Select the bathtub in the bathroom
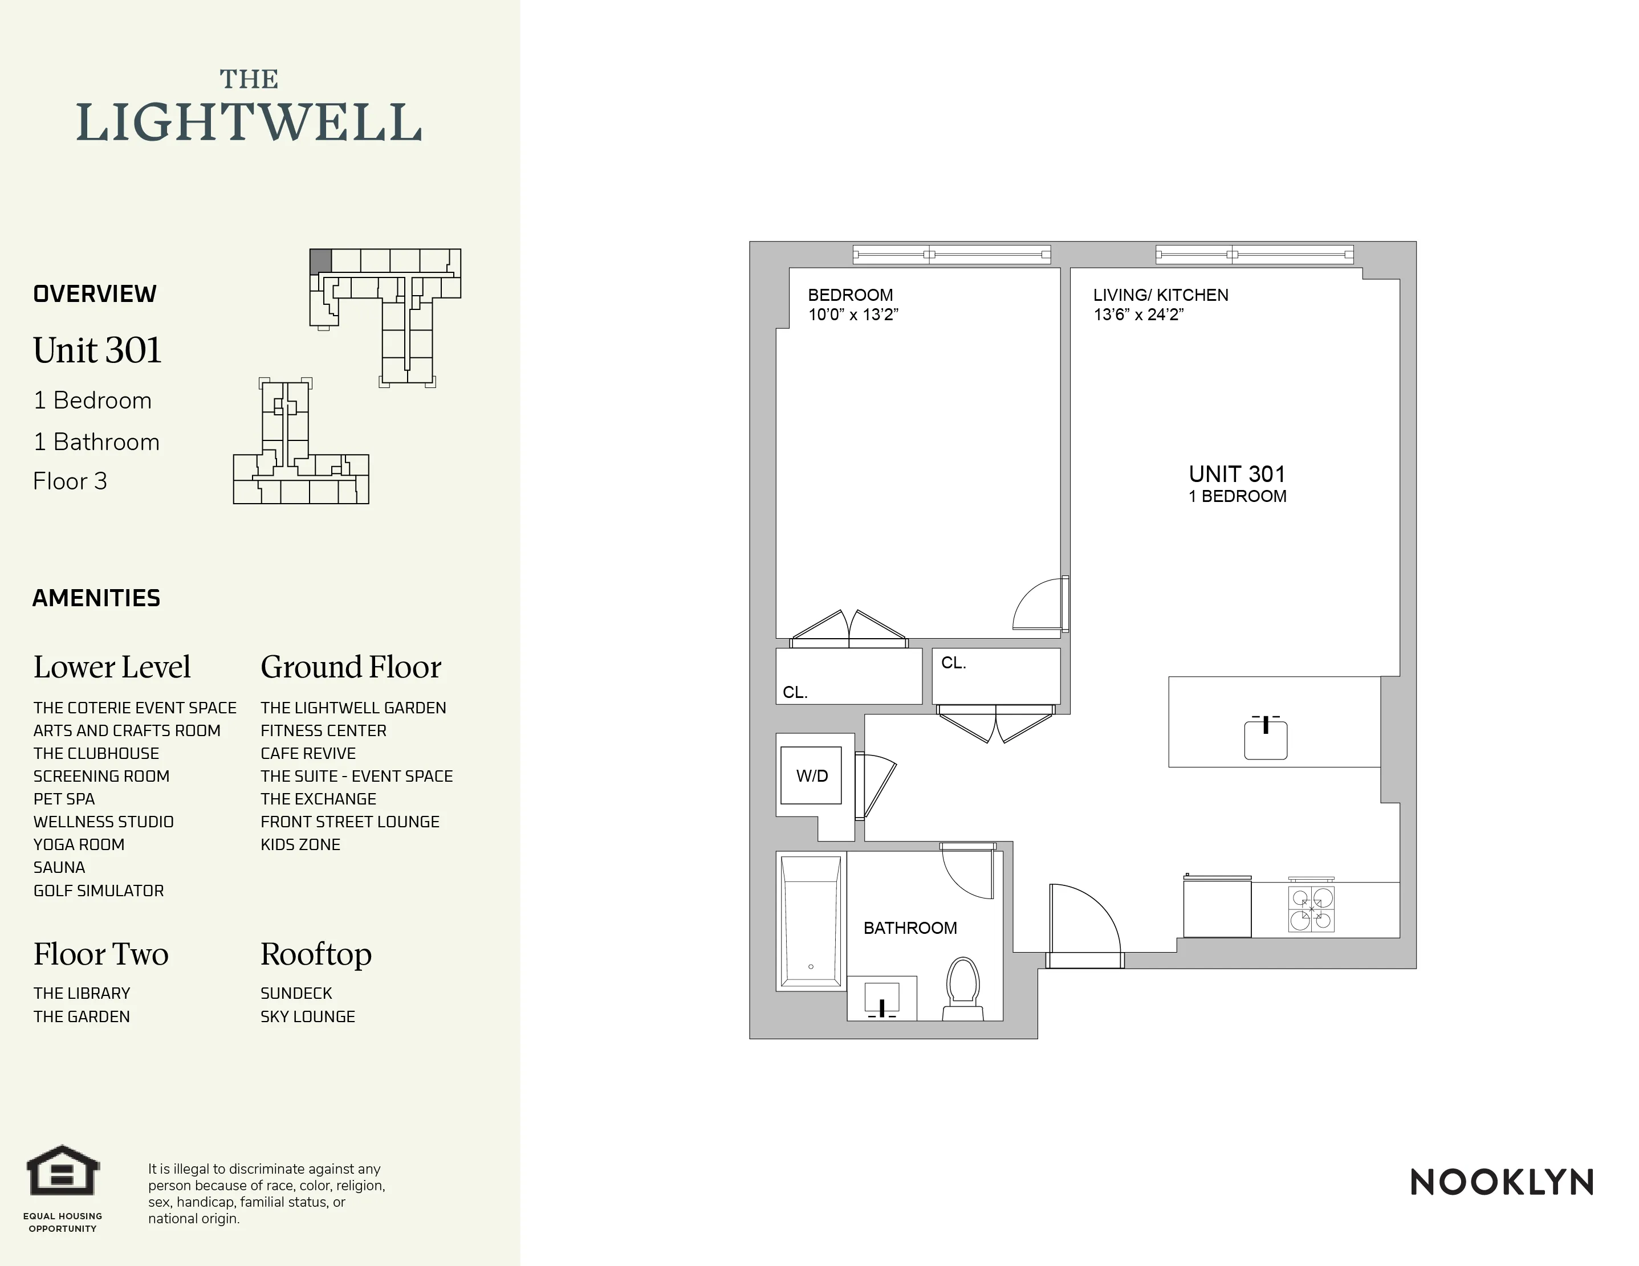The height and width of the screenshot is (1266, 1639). (x=811, y=921)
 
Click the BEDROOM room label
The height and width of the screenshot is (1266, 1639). (x=849, y=295)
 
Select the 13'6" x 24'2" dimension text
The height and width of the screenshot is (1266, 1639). (x=1138, y=315)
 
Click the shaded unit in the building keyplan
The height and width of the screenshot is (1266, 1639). (x=320, y=261)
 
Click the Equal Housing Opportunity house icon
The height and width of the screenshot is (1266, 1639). (x=63, y=1171)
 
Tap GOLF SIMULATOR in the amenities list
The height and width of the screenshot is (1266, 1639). (x=98, y=891)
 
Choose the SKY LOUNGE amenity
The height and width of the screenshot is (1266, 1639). (x=308, y=1016)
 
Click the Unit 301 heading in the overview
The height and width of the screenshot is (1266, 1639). (x=97, y=350)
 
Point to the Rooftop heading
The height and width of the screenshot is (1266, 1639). (x=316, y=954)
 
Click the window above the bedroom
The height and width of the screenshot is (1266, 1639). (x=951, y=255)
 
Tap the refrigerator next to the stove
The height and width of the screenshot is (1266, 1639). (x=1217, y=908)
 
